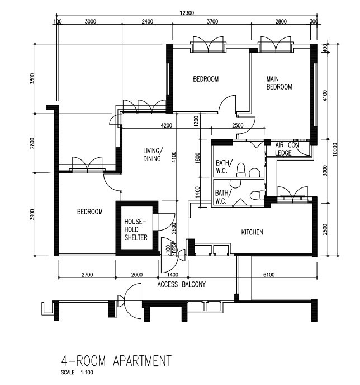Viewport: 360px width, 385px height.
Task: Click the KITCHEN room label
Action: pos(252,232)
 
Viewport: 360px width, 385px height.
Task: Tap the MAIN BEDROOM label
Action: pos(279,83)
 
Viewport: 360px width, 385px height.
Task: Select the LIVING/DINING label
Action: pos(153,154)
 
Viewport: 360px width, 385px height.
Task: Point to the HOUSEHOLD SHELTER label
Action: pos(136,229)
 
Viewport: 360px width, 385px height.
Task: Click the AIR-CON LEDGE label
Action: pos(287,149)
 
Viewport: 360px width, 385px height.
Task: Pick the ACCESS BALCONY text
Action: pos(182,284)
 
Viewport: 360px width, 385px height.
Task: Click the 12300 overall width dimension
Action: pos(187,13)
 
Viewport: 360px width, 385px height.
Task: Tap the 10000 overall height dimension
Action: pos(335,149)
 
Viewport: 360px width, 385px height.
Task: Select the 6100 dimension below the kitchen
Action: pos(269,275)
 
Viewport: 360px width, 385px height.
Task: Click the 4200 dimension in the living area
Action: pos(166,125)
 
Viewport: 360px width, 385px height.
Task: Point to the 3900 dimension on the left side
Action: pos(32,214)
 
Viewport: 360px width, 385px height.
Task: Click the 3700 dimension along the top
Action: pos(212,21)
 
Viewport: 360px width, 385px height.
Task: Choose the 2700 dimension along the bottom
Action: pos(87,275)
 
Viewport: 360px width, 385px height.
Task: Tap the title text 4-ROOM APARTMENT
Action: pos(116,361)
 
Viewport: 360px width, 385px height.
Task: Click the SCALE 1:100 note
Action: pos(77,373)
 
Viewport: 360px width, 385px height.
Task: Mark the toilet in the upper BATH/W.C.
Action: pos(241,170)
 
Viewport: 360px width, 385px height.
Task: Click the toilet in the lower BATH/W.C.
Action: pos(257,195)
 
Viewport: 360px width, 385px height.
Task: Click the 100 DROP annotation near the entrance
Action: pos(171,248)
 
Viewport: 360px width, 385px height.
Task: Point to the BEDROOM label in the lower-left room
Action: pos(90,212)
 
